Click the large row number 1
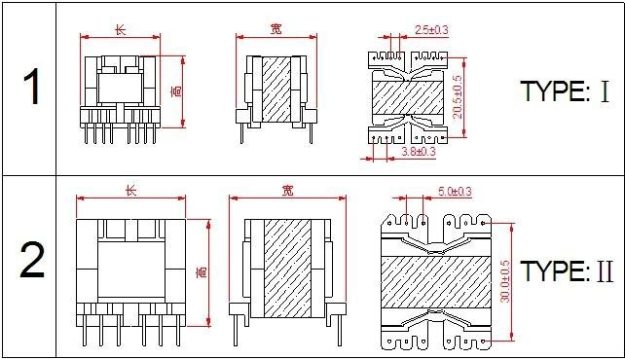click(32, 87)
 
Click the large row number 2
click(32, 261)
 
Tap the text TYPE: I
click(566, 90)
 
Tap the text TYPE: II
click(567, 270)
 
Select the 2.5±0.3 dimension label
click(431, 30)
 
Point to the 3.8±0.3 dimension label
click(419, 152)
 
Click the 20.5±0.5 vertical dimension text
click(458, 97)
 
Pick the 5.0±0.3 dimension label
click(455, 192)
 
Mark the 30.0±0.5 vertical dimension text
click(504, 281)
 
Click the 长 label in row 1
click(121, 30)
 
